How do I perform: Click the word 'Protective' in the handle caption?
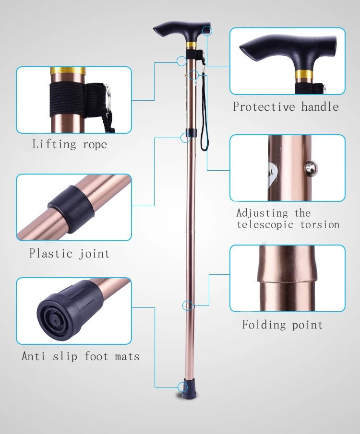264,106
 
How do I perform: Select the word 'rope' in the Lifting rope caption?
95,144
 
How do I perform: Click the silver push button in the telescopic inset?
311,167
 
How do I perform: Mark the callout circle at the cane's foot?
182,387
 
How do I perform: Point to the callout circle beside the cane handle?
207,31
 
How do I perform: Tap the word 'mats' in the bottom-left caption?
127,356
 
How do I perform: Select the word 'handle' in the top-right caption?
320,106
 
